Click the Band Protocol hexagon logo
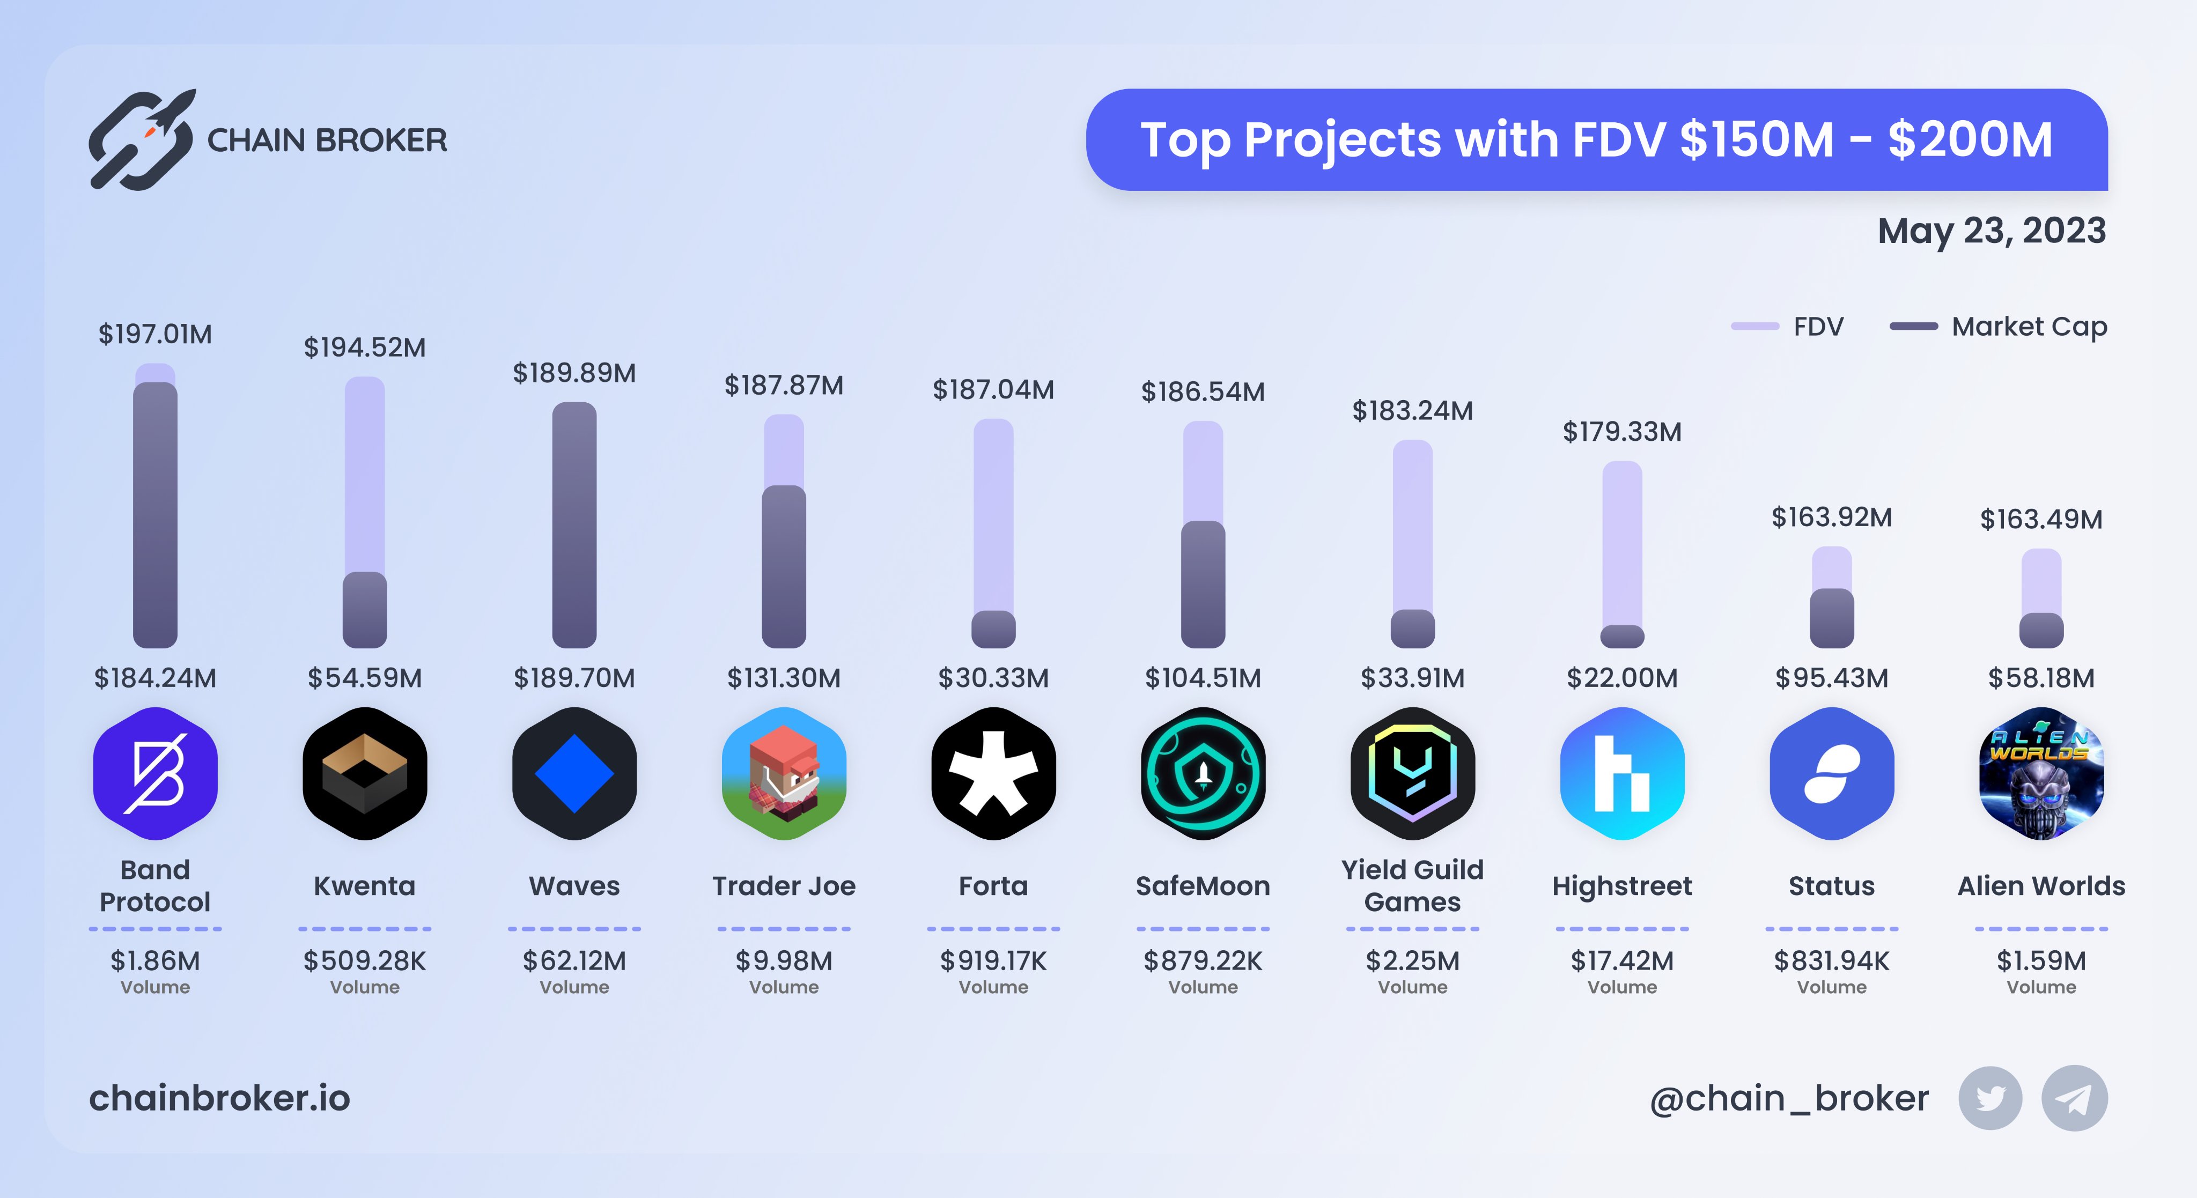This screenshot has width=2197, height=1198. coord(155,773)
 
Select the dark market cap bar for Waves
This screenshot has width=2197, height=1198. coord(574,524)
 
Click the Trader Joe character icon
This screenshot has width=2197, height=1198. coord(784,773)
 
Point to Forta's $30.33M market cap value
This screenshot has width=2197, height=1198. coord(993,678)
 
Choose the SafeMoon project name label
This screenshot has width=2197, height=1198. coord(1203,886)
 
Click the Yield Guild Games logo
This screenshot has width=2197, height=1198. coord(1412,773)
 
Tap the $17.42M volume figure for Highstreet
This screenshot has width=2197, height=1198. coord(1621,961)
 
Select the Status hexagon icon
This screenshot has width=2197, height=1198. coord(1831,773)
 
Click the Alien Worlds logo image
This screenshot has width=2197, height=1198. coord(2041,773)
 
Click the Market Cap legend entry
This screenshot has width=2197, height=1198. coord(1999,327)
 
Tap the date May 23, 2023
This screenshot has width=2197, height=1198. coord(1992,231)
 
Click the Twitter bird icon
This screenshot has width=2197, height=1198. coord(1990,1098)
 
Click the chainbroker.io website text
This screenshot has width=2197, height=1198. coord(219,1098)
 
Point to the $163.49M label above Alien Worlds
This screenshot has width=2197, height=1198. coord(2041,519)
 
